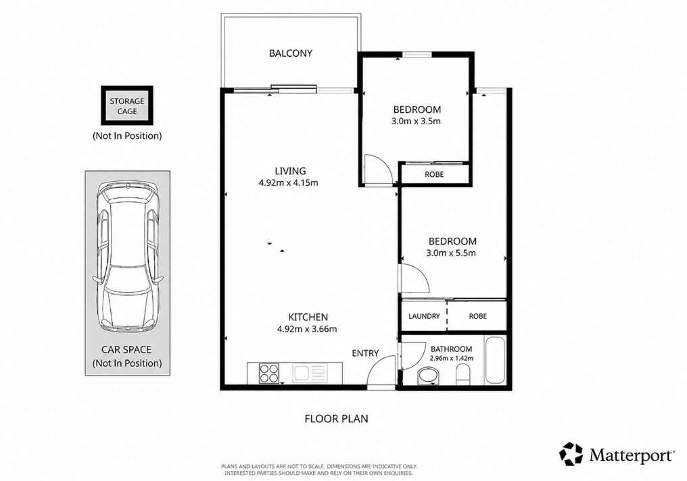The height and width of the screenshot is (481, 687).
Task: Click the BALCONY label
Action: coord(291,53)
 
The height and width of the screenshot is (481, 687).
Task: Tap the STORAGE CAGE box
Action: coord(127,106)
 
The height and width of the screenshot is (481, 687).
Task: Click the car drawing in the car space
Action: coord(127,257)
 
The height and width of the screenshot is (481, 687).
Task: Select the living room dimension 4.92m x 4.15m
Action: coord(288,183)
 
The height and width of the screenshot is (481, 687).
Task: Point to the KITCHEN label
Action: coord(308,317)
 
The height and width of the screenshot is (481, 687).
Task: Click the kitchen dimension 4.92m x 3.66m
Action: coord(307,329)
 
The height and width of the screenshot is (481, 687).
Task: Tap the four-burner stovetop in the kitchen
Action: coord(269,374)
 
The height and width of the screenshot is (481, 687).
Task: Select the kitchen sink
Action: coord(310,374)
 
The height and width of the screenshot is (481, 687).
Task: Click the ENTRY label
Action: coord(365,353)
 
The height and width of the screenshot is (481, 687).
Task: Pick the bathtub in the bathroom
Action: coord(495,360)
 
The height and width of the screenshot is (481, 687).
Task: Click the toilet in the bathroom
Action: coord(463,376)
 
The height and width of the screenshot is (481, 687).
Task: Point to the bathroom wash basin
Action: coord(429,376)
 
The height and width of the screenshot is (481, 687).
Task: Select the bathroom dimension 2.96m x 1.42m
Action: coord(451,358)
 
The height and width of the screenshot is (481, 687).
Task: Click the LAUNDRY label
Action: coord(424,316)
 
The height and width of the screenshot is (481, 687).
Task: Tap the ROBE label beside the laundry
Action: coord(477,316)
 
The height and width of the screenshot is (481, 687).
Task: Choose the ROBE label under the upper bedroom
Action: coord(434,174)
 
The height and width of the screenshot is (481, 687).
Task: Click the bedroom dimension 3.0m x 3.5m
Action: coord(416,121)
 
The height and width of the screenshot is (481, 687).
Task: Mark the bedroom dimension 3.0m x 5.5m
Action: coord(451,253)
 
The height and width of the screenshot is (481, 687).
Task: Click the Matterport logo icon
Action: coord(571,454)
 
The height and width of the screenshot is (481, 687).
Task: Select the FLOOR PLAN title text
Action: coord(337,419)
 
